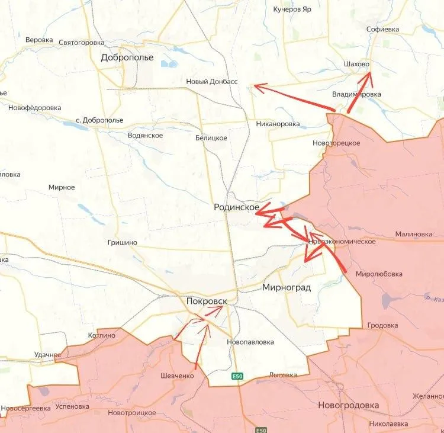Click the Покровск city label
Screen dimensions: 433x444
206,301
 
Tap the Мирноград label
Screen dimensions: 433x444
286,287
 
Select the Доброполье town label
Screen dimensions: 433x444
127,57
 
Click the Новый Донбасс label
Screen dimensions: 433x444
211,82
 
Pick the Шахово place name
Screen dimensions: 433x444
356,63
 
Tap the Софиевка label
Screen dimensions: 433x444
382,29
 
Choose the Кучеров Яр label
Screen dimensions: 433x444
292,9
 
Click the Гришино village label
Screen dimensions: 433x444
123,242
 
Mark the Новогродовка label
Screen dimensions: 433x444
348,405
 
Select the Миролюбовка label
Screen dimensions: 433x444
379,274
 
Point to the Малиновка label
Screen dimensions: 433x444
413,234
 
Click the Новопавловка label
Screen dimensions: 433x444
250,342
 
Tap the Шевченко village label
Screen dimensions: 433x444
177,376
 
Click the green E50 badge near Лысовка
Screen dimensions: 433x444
237,376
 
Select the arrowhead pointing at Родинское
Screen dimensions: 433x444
259,213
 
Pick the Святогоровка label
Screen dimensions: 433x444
82,43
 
